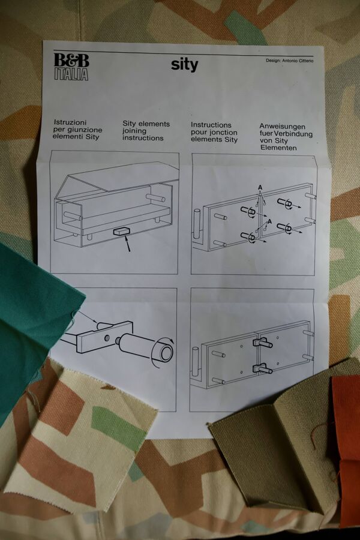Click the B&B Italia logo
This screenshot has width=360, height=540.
pyautogui.click(x=71, y=67)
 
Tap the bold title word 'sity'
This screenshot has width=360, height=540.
pyautogui.click(x=184, y=64)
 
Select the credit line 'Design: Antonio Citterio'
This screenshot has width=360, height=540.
pyautogui.click(x=289, y=61)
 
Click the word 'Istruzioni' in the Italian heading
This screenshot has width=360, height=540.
pyautogui.click(x=70, y=122)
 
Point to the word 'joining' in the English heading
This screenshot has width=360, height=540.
pyautogui.click(x=134, y=131)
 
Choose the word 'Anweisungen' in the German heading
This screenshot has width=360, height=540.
pyautogui.click(x=282, y=127)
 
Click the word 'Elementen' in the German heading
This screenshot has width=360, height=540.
pyautogui.click(x=278, y=148)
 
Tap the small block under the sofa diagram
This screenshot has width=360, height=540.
pyautogui.click(x=122, y=232)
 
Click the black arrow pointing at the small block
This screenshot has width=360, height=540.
pyautogui.click(x=127, y=244)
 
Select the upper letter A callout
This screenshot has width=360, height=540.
pyautogui.click(x=260, y=187)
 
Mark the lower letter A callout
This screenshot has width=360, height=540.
pyautogui.click(x=269, y=221)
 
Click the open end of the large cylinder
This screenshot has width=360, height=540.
pyautogui.click(x=167, y=353)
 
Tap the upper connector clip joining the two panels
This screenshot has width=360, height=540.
pyautogui.click(x=263, y=343)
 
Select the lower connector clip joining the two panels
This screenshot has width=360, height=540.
pyautogui.click(x=263, y=368)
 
